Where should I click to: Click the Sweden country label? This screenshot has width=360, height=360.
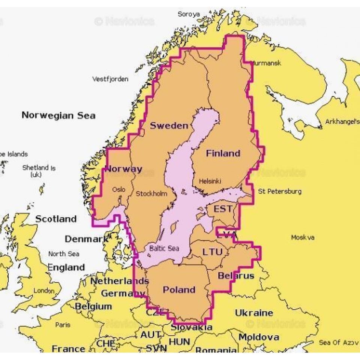(x=169, y=126)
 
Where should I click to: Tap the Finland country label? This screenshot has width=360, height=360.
(x=223, y=153)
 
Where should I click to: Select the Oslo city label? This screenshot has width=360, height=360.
(x=118, y=190)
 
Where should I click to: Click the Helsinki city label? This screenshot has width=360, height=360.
(x=210, y=181)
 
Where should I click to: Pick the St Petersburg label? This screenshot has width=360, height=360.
(x=279, y=192)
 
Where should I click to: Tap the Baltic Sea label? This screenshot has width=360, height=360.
(x=164, y=248)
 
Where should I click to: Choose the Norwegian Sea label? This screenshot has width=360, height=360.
(x=58, y=115)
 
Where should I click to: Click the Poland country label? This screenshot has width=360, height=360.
(x=179, y=289)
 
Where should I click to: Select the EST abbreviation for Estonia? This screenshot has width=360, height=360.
(x=223, y=209)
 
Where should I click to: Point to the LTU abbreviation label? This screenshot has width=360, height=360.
(x=213, y=252)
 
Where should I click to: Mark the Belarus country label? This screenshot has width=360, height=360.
(x=236, y=276)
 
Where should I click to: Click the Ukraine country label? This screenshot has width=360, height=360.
(x=254, y=313)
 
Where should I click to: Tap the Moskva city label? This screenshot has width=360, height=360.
(x=303, y=237)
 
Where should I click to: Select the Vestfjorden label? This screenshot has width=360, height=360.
(x=110, y=79)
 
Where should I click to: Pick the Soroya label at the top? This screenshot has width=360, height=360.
(x=189, y=14)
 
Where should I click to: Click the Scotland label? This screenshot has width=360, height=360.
(x=56, y=219)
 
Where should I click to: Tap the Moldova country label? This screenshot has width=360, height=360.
(x=259, y=337)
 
